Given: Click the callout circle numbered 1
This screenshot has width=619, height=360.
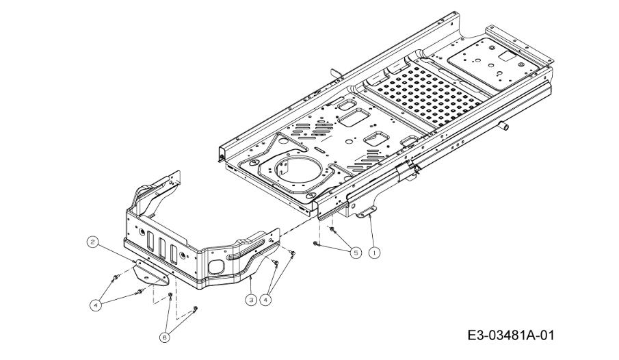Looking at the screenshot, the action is click(374, 252).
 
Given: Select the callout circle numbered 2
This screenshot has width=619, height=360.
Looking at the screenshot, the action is click(92, 242).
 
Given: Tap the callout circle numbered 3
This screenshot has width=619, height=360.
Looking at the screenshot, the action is click(251, 300).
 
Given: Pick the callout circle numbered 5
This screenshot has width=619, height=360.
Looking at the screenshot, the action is click(356, 252).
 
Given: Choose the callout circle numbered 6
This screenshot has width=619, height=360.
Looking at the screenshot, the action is click(165, 337).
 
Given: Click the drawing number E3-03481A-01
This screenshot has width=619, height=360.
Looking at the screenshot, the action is click(511, 335).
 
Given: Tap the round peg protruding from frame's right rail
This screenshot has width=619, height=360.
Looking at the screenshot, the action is click(503, 126).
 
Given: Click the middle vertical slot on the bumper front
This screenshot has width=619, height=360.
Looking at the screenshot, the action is click(162, 248).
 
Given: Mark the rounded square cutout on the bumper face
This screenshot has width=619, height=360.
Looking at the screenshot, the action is click(216, 267).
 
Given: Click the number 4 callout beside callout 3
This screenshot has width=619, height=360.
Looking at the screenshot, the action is click(265, 300).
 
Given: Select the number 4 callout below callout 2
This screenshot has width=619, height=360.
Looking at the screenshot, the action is click(95, 305).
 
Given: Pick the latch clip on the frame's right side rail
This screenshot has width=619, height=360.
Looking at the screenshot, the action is click(408, 170).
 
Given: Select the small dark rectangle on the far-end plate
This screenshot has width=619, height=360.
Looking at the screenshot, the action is click(508, 56).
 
